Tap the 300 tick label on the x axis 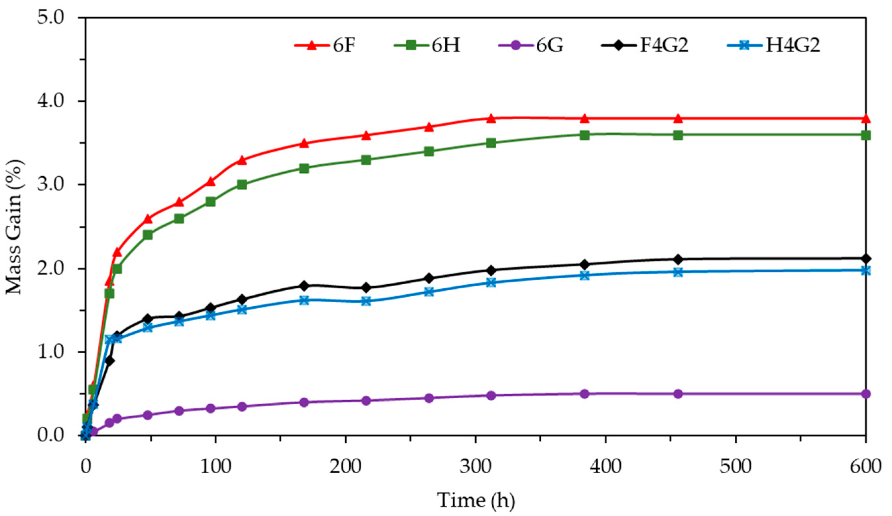(475, 467)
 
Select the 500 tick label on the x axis (735, 467)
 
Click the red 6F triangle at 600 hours (866, 119)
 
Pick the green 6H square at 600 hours (866, 135)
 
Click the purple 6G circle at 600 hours (866, 394)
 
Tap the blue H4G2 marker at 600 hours (866, 271)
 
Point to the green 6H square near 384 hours (584, 135)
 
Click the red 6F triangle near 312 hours (491, 119)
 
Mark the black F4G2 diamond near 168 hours (304, 286)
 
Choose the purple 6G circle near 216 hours (366, 400)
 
